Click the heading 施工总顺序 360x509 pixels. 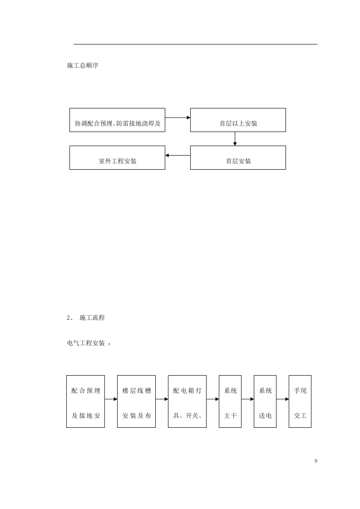click(82, 66)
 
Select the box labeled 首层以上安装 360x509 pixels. click(238, 120)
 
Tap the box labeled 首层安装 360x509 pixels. click(238, 158)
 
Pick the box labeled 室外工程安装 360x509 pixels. click(117, 158)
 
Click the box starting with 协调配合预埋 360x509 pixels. click(117, 120)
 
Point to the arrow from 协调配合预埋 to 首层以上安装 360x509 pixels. click(178, 117)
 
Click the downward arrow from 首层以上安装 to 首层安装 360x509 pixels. click(235, 139)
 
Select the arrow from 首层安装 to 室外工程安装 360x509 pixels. click(178, 156)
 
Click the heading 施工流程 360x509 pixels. click(92, 318)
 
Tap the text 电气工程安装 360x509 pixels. click(86, 343)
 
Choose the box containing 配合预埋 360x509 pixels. click(85, 401)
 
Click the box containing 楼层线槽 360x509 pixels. click(136, 401)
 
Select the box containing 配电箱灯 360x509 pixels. click(187, 401)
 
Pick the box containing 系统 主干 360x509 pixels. click(230, 401)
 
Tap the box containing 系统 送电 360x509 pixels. click(265, 401)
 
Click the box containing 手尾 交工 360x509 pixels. click(300, 401)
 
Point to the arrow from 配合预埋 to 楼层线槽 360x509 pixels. click(111, 399)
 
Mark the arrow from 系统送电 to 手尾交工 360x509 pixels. click(282, 399)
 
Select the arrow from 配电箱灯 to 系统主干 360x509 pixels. click(212, 399)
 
